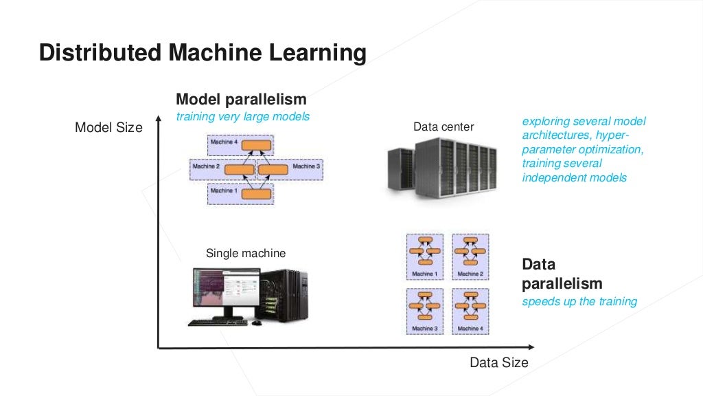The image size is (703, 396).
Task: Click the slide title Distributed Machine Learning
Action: click(202, 53)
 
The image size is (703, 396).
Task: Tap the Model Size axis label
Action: click(108, 127)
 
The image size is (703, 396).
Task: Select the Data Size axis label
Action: click(499, 362)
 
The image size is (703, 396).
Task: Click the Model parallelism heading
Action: click(241, 99)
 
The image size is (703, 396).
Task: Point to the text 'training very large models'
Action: click(242, 116)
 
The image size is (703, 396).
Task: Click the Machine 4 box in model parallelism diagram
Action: click(240, 144)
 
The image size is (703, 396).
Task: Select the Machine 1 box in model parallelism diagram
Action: click(240, 193)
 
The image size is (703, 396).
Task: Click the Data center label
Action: click(443, 126)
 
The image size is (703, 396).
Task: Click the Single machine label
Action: click(246, 253)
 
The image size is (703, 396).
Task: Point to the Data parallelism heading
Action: click(562, 274)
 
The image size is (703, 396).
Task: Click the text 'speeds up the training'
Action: click(579, 301)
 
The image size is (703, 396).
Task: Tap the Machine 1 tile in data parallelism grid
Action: click(424, 256)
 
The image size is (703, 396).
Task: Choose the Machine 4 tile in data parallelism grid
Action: click(470, 310)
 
